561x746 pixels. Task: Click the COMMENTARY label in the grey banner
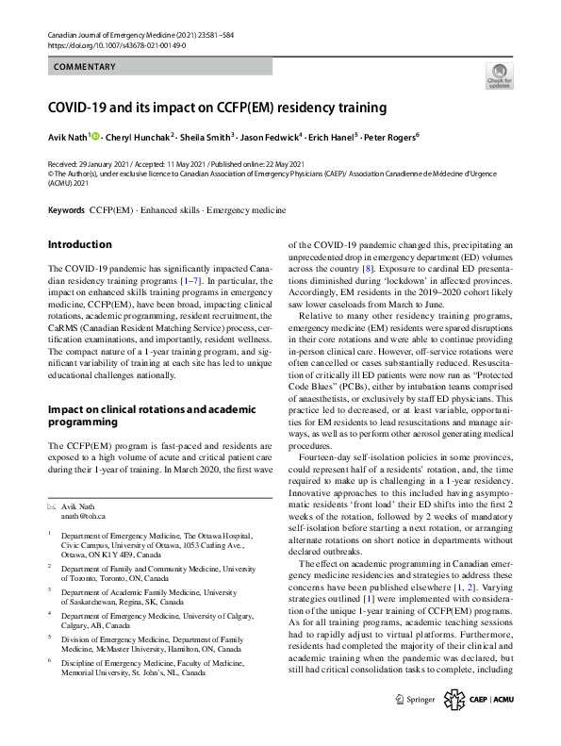tap(85, 67)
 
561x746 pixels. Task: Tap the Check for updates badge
tap(499, 75)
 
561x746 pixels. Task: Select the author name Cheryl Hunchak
tap(143, 136)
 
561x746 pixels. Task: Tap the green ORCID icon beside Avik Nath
tap(96, 136)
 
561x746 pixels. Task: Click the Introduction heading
tap(79, 244)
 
